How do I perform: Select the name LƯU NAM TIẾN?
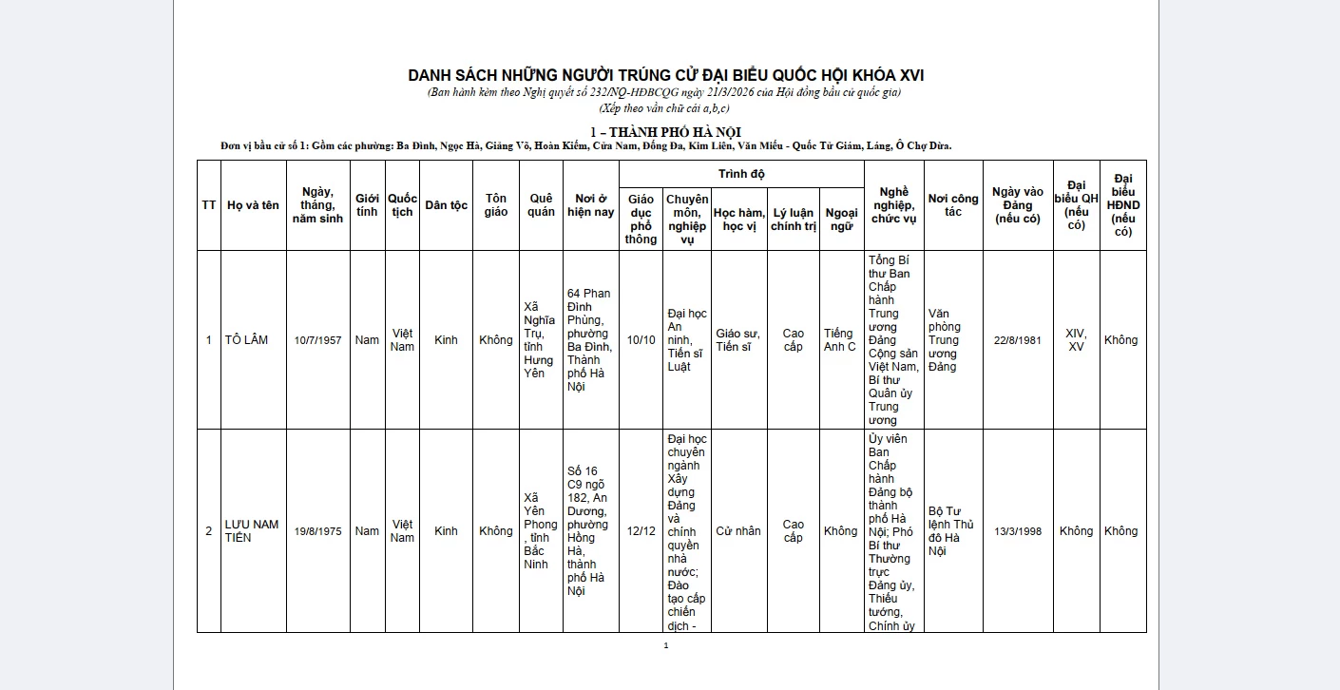pyautogui.click(x=252, y=531)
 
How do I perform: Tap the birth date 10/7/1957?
pyautogui.click(x=317, y=340)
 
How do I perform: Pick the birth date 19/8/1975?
pyautogui.click(x=317, y=531)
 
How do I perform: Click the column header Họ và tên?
pyautogui.click(x=253, y=205)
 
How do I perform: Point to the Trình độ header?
pyautogui.click(x=741, y=174)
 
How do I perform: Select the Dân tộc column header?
pyautogui.click(x=446, y=205)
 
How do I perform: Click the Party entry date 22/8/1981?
pyautogui.click(x=1018, y=340)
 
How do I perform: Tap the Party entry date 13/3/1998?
pyautogui.click(x=1018, y=531)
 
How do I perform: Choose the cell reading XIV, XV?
pyautogui.click(x=1076, y=340)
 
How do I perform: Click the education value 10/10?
pyautogui.click(x=641, y=340)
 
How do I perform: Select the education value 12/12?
pyautogui.click(x=641, y=531)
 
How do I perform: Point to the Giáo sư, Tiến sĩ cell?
pyautogui.click(x=738, y=340)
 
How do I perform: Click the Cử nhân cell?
pyautogui.click(x=738, y=531)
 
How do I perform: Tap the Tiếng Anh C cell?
pyautogui.click(x=840, y=340)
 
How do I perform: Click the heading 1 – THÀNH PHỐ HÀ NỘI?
pyautogui.click(x=665, y=131)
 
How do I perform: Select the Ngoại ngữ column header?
pyautogui.click(x=841, y=220)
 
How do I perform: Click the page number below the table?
pyautogui.click(x=666, y=646)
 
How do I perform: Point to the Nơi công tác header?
pyautogui.click(x=953, y=205)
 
